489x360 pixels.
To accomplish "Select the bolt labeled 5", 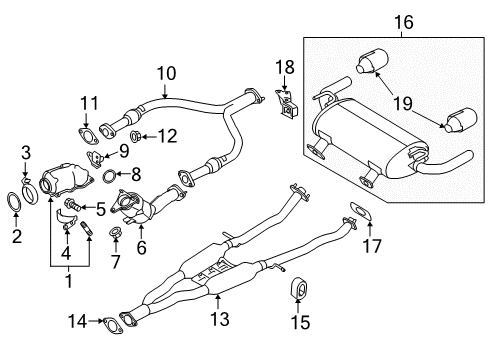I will pos(73,204).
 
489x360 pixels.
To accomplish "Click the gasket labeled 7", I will pos(116,236).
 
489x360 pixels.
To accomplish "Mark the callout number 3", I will pos(26,152).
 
